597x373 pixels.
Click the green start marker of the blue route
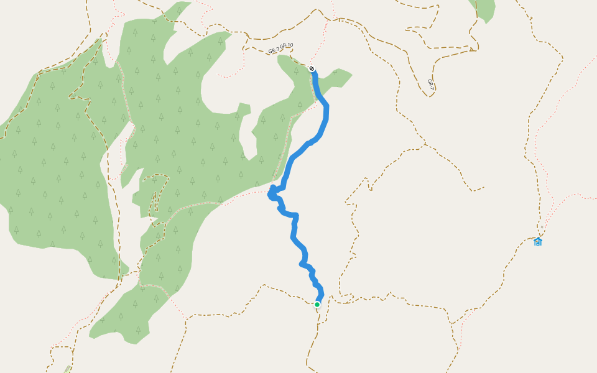[317, 305]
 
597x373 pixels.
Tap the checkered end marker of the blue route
[312, 68]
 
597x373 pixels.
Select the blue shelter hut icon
[538, 241]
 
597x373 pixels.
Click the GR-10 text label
[286, 46]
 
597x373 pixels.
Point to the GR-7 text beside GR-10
[274, 50]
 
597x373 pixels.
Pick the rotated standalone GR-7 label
[430, 83]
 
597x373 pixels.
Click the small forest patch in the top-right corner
[484, 10]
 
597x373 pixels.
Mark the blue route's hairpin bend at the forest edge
[271, 195]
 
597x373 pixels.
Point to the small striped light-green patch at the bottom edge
[67, 370]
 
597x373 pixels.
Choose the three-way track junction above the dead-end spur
[425, 146]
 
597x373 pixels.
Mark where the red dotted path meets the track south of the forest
[185, 318]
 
